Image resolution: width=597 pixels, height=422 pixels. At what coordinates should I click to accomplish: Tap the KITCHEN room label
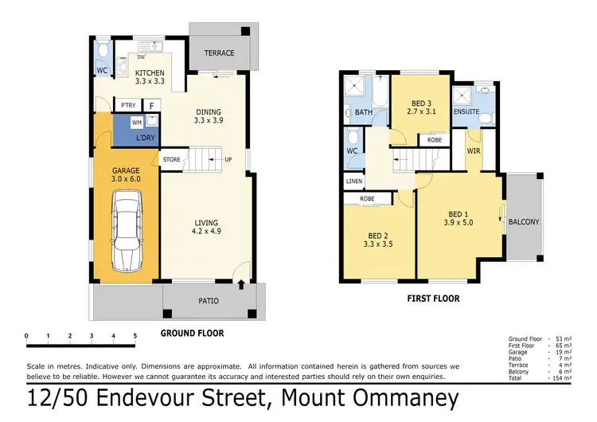(x=150, y=73)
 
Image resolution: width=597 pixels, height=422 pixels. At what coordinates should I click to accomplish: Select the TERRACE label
(x=219, y=53)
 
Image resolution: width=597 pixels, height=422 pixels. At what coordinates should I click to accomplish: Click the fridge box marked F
(x=152, y=105)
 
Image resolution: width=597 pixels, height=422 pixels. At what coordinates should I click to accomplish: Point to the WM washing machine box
(x=136, y=123)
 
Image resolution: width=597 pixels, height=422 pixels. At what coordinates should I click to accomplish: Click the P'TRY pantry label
(x=127, y=105)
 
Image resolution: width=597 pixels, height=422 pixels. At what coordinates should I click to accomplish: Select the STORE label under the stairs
(x=172, y=159)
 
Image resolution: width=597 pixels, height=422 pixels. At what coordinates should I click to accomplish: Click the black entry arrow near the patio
(x=241, y=283)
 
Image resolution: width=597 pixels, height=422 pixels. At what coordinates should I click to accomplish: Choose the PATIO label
(x=208, y=300)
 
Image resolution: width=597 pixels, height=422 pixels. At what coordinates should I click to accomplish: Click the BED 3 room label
(x=422, y=104)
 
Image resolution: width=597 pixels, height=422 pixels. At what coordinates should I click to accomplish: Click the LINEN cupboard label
(x=354, y=182)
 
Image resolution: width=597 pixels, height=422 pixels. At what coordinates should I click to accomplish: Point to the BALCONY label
(x=524, y=222)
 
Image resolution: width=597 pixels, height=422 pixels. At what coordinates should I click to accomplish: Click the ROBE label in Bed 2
(x=367, y=198)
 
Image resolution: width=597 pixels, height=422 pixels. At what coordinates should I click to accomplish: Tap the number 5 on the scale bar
(x=135, y=336)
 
